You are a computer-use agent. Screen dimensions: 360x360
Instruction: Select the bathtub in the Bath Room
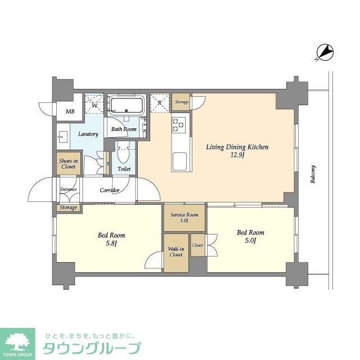[127, 105]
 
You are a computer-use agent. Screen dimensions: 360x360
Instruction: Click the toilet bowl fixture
[124, 152]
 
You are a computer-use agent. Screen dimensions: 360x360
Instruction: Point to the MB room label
[70, 111]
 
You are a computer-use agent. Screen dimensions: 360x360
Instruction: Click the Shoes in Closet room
[68, 164]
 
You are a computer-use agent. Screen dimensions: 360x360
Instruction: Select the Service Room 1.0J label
[184, 218]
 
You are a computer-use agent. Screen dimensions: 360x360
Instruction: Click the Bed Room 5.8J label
[111, 238]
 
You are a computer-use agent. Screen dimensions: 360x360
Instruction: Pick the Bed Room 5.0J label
[250, 236]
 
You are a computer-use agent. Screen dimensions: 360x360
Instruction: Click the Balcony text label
[313, 174]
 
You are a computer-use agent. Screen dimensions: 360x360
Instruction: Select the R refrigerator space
[160, 103]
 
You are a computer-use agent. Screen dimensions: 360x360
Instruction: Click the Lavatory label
[88, 134]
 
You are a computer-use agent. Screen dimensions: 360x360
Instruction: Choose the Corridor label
[110, 190]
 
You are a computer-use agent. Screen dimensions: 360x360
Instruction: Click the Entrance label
[68, 190]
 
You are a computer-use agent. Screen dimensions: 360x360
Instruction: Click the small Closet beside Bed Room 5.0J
[198, 245]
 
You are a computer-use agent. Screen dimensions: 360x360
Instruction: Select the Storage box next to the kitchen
[181, 102]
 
